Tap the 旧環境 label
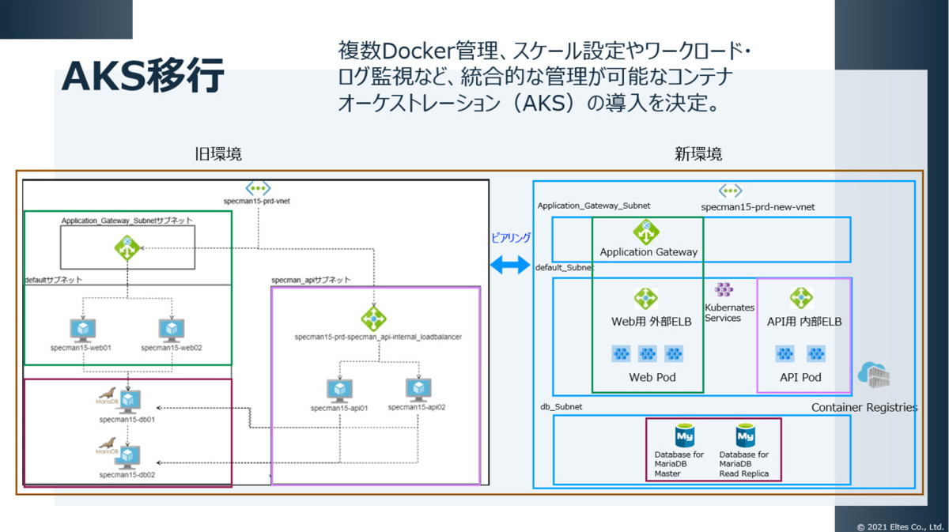[218, 155]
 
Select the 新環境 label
[698, 155]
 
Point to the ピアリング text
[511, 237]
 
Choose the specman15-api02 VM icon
[417, 390]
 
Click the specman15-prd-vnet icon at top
[258, 188]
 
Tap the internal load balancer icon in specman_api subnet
[373, 319]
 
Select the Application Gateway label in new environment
[648, 252]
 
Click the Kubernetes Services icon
[724, 290]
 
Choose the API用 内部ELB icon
[801, 298]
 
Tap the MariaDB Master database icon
[684, 436]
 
